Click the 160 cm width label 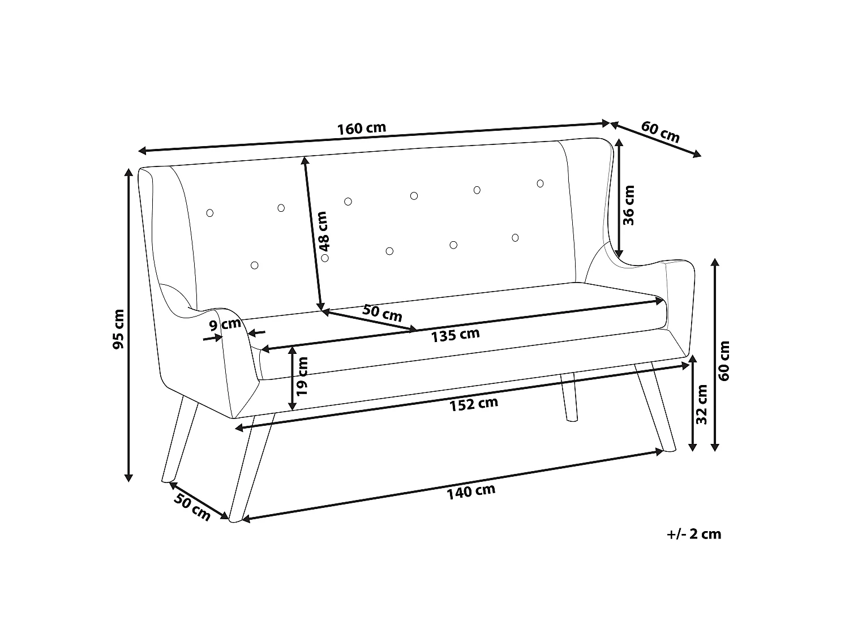[x=362, y=128]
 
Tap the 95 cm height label [x=118, y=329]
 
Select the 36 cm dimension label [x=629, y=206]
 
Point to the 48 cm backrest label [x=322, y=231]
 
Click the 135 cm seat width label [x=455, y=335]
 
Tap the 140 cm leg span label [x=471, y=491]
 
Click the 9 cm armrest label [x=225, y=324]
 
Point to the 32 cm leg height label [x=701, y=404]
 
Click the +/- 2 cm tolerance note [x=694, y=534]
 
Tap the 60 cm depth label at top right [x=660, y=132]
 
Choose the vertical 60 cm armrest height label [x=723, y=361]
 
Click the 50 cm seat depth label [x=382, y=313]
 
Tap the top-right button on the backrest [x=540, y=183]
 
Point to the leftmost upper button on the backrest [x=209, y=213]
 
